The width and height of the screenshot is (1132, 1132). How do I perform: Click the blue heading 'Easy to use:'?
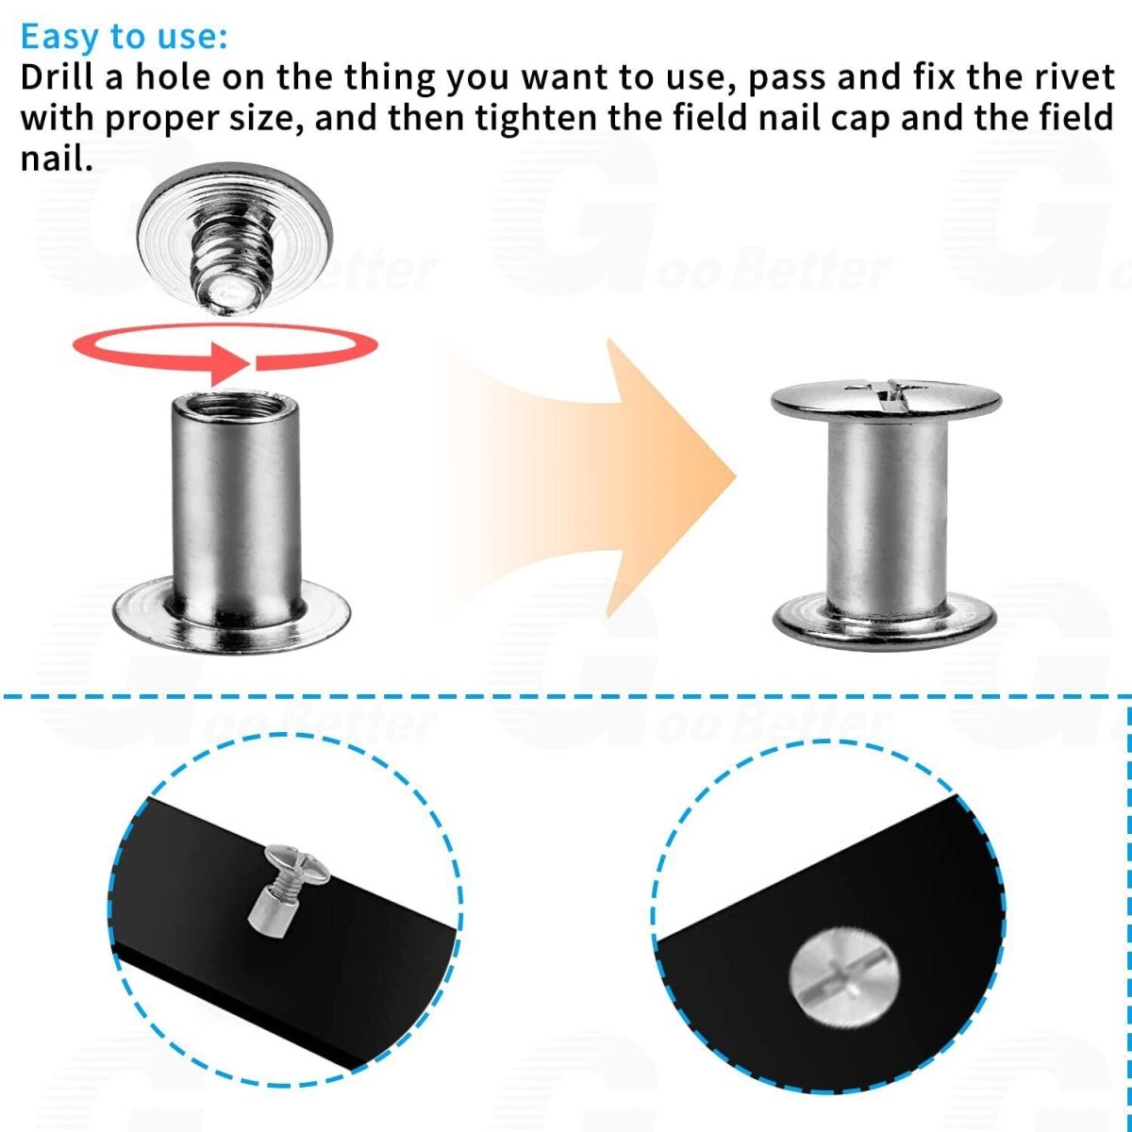tap(124, 37)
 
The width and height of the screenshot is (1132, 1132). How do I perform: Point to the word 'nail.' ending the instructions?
tap(57, 158)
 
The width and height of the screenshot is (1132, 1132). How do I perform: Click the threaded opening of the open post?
tap(236, 406)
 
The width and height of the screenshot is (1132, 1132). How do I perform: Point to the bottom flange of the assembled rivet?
tap(884, 623)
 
